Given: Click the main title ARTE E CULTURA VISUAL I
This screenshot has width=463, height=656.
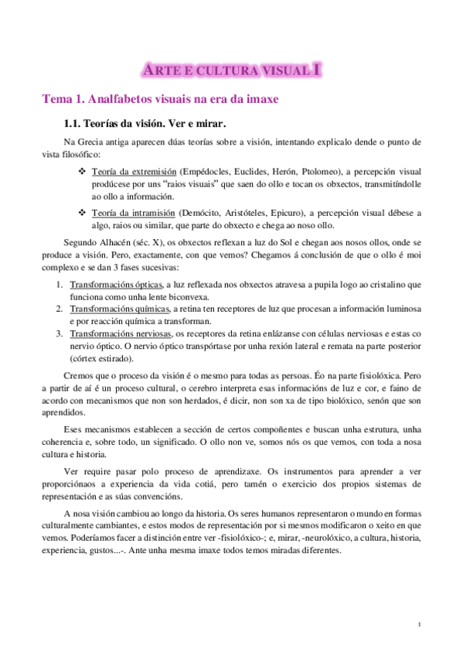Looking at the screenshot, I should click(231, 70).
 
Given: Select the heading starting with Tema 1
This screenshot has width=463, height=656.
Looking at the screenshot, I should click(159, 99).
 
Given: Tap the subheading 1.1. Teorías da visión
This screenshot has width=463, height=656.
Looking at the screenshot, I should click(146, 124).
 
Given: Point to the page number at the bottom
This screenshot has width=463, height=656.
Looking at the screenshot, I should click(418, 624).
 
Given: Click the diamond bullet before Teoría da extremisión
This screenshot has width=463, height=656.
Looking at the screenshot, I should click(82, 169).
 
